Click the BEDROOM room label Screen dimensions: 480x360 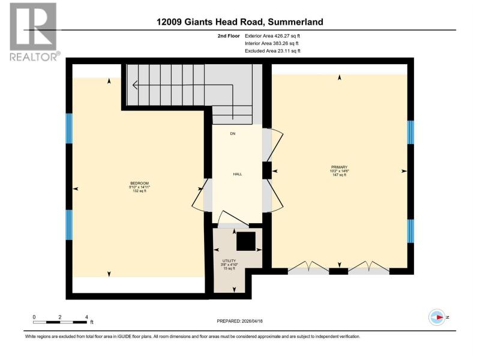pyautogui.click(x=140, y=184)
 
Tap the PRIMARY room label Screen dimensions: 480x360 pyautogui.click(x=339, y=167)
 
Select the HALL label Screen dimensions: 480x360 pyautogui.click(x=238, y=174)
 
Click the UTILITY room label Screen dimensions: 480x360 pyautogui.click(x=229, y=261)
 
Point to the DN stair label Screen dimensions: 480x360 pyautogui.click(x=233, y=134)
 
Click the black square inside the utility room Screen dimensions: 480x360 pyautogui.click(x=246, y=241)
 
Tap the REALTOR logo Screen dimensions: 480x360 pyautogui.click(x=34, y=32)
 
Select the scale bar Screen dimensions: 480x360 pyautogui.click(x=60, y=322)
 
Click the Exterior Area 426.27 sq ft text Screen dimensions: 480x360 pyautogui.click(x=272, y=36)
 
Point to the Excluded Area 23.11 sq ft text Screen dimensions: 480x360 pyautogui.click(x=272, y=51)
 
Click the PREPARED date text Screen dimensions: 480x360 pyautogui.click(x=239, y=321)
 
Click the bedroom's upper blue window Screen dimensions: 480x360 pyautogui.click(x=70, y=128)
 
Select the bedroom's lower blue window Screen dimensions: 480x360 pyautogui.click(x=70, y=225)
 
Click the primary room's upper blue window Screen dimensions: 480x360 pyautogui.click(x=410, y=132)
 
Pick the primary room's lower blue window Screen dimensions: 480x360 pyautogui.click(x=410, y=231)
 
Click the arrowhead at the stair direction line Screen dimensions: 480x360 pyautogui.click(x=134, y=85)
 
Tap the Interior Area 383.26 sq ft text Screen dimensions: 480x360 pyautogui.click(x=272, y=43)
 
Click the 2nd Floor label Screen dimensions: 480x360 pyautogui.click(x=229, y=36)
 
